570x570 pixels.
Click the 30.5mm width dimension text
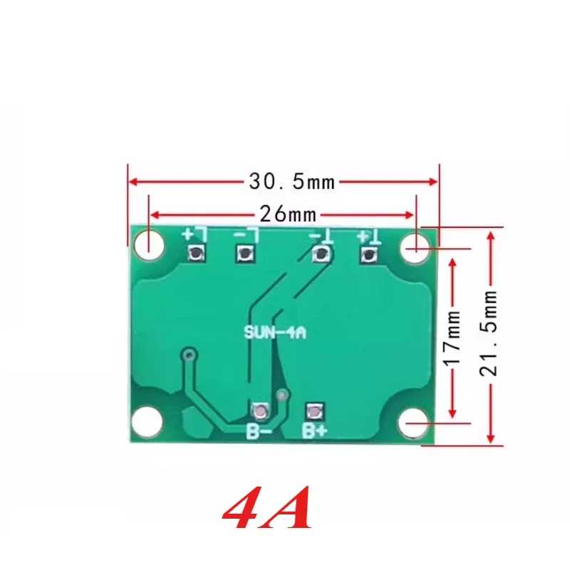291,182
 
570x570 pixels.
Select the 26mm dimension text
288,214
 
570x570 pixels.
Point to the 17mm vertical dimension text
453,338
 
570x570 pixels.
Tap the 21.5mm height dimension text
489,333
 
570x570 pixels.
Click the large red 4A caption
267,507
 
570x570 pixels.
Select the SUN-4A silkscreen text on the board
275,333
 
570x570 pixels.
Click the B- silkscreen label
259,432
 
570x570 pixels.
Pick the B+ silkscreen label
315,431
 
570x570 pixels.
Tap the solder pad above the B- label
261,412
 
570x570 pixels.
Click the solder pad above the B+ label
314,412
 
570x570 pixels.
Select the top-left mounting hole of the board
149,244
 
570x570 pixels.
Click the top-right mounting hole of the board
416,248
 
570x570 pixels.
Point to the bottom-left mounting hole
147,422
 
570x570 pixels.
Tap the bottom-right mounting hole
414,423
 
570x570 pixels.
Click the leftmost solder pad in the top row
196,253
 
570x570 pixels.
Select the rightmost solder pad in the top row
368,254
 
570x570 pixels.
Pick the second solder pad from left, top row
245,253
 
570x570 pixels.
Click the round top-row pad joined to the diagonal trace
321,254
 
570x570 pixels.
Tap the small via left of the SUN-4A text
189,354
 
